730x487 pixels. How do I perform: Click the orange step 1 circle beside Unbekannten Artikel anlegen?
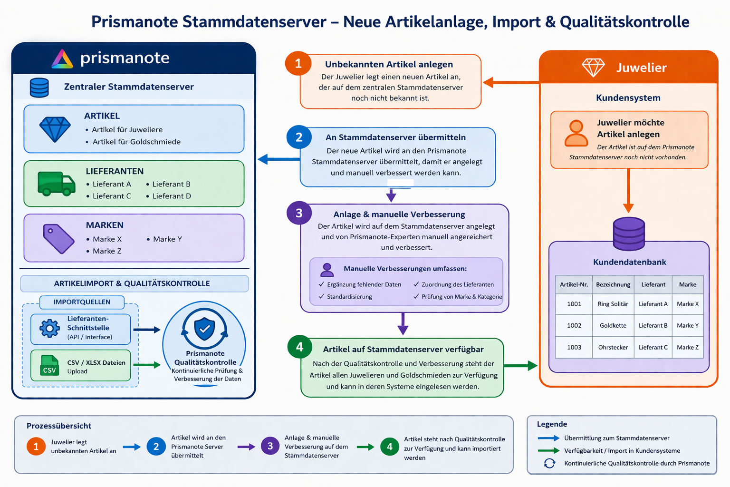[x=298, y=63]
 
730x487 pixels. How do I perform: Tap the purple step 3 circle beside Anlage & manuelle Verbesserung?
[x=299, y=213]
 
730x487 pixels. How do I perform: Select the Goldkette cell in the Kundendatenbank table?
[x=613, y=325]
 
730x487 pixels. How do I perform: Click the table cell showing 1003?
[x=574, y=347]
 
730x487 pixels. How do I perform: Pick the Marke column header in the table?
[x=687, y=284]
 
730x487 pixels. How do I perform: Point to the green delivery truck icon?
[x=57, y=183]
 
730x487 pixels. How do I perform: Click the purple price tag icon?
[x=58, y=239]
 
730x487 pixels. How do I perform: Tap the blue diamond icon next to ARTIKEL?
[x=55, y=129]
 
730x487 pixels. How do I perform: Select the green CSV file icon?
[x=49, y=365]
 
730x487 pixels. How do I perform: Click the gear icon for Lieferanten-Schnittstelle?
[x=49, y=328]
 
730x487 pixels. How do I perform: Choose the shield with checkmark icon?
[x=204, y=329]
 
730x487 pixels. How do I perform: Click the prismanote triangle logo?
[x=62, y=59]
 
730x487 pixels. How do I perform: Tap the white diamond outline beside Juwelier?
[x=593, y=68]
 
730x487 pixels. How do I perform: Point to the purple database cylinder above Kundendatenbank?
[x=629, y=234]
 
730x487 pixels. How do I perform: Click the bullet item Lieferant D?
[x=169, y=196]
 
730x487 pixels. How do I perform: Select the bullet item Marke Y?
[x=164, y=239]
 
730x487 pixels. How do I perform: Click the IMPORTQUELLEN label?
[x=82, y=302]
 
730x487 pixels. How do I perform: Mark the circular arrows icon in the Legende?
[x=549, y=463]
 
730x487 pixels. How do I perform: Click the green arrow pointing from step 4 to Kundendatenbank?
[x=520, y=365]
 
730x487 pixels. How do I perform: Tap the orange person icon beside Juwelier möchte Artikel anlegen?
[x=576, y=133]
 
